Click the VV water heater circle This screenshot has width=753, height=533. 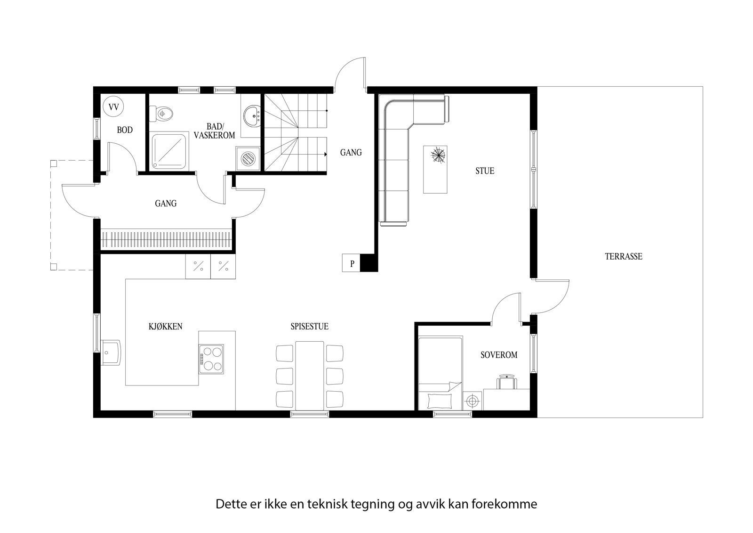pos(113,107)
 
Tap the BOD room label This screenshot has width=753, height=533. pos(125,130)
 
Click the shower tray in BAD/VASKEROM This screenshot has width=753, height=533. pos(169,150)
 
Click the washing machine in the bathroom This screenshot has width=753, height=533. pos(248,157)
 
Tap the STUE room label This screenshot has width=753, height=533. pos(484,171)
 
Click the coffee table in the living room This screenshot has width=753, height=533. pos(435,169)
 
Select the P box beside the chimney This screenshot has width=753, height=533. pos(352,263)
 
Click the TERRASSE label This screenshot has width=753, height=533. pos(623,256)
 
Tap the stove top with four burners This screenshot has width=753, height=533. pos(211,359)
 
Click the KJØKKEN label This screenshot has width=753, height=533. pos(165,326)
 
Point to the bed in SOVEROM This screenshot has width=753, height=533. pos(441,372)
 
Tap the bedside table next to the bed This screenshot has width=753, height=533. pos(472,401)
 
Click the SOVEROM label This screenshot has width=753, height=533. pos(498,355)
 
